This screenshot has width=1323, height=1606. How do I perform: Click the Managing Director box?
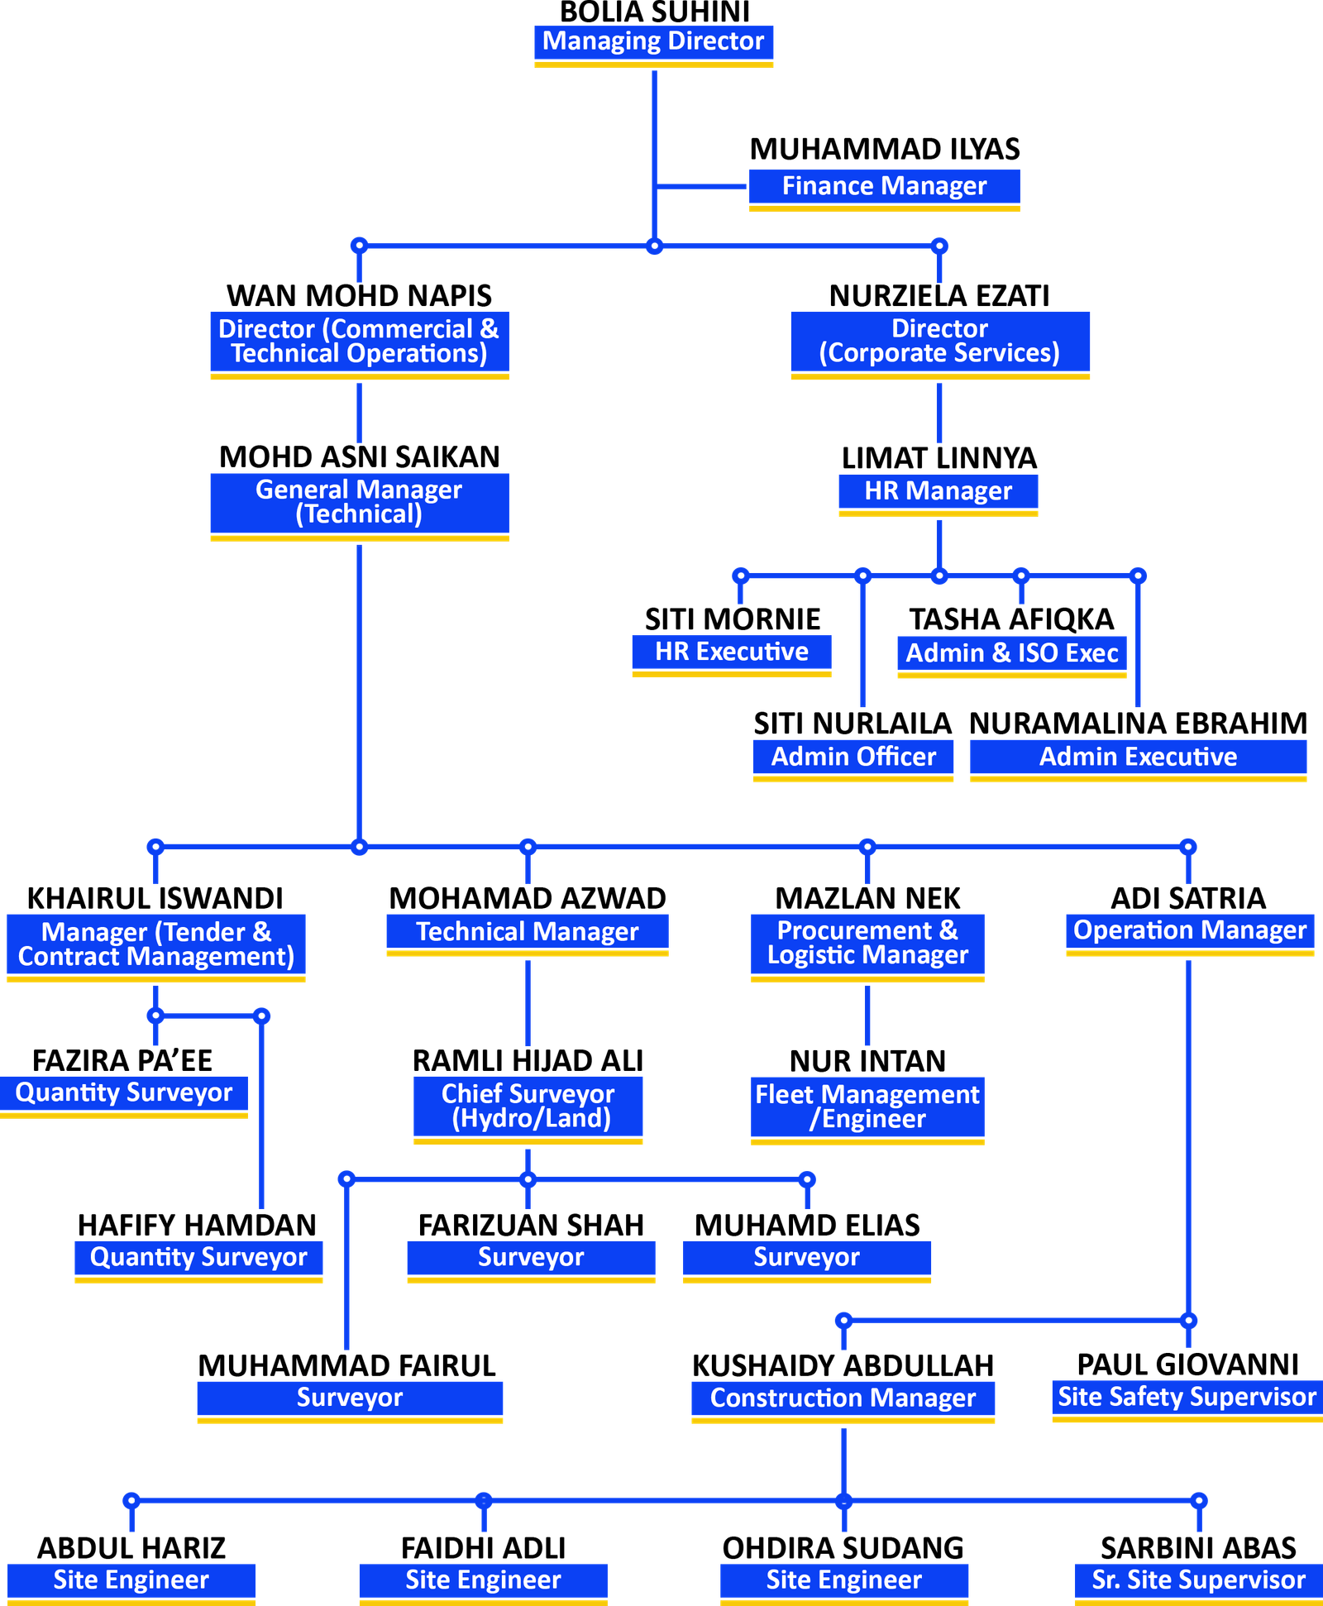click(x=653, y=43)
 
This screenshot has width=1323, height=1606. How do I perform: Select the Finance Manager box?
click(x=883, y=188)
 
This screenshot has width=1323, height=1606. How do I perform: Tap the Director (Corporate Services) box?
click(x=939, y=342)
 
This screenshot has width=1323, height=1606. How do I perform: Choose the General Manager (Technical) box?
click(x=359, y=504)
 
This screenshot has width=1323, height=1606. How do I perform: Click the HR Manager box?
click(x=938, y=492)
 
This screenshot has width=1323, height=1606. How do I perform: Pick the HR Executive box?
click(x=731, y=653)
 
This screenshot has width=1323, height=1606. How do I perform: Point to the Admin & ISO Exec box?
click(x=1011, y=654)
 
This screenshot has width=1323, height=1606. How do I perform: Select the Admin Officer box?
click(x=853, y=758)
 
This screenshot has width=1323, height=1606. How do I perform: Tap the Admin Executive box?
click(x=1138, y=758)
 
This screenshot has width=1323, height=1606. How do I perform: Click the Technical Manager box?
click(x=528, y=933)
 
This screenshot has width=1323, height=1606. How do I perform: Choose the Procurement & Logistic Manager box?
click(x=867, y=944)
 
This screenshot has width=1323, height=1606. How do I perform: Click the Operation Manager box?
click(x=1189, y=932)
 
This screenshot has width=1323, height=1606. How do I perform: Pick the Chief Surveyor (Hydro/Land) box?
click(x=528, y=1107)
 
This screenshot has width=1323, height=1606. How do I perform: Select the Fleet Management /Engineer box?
click(x=867, y=1108)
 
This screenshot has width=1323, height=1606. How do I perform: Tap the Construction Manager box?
click(x=843, y=1399)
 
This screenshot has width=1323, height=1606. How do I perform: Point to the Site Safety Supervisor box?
click(x=1187, y=1398)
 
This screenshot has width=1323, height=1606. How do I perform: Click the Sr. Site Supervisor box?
click(x=1198, y=1581)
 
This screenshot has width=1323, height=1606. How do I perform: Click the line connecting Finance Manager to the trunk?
click(x=703, y=186)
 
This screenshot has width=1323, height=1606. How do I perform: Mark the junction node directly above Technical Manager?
click(x=528, y=846)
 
